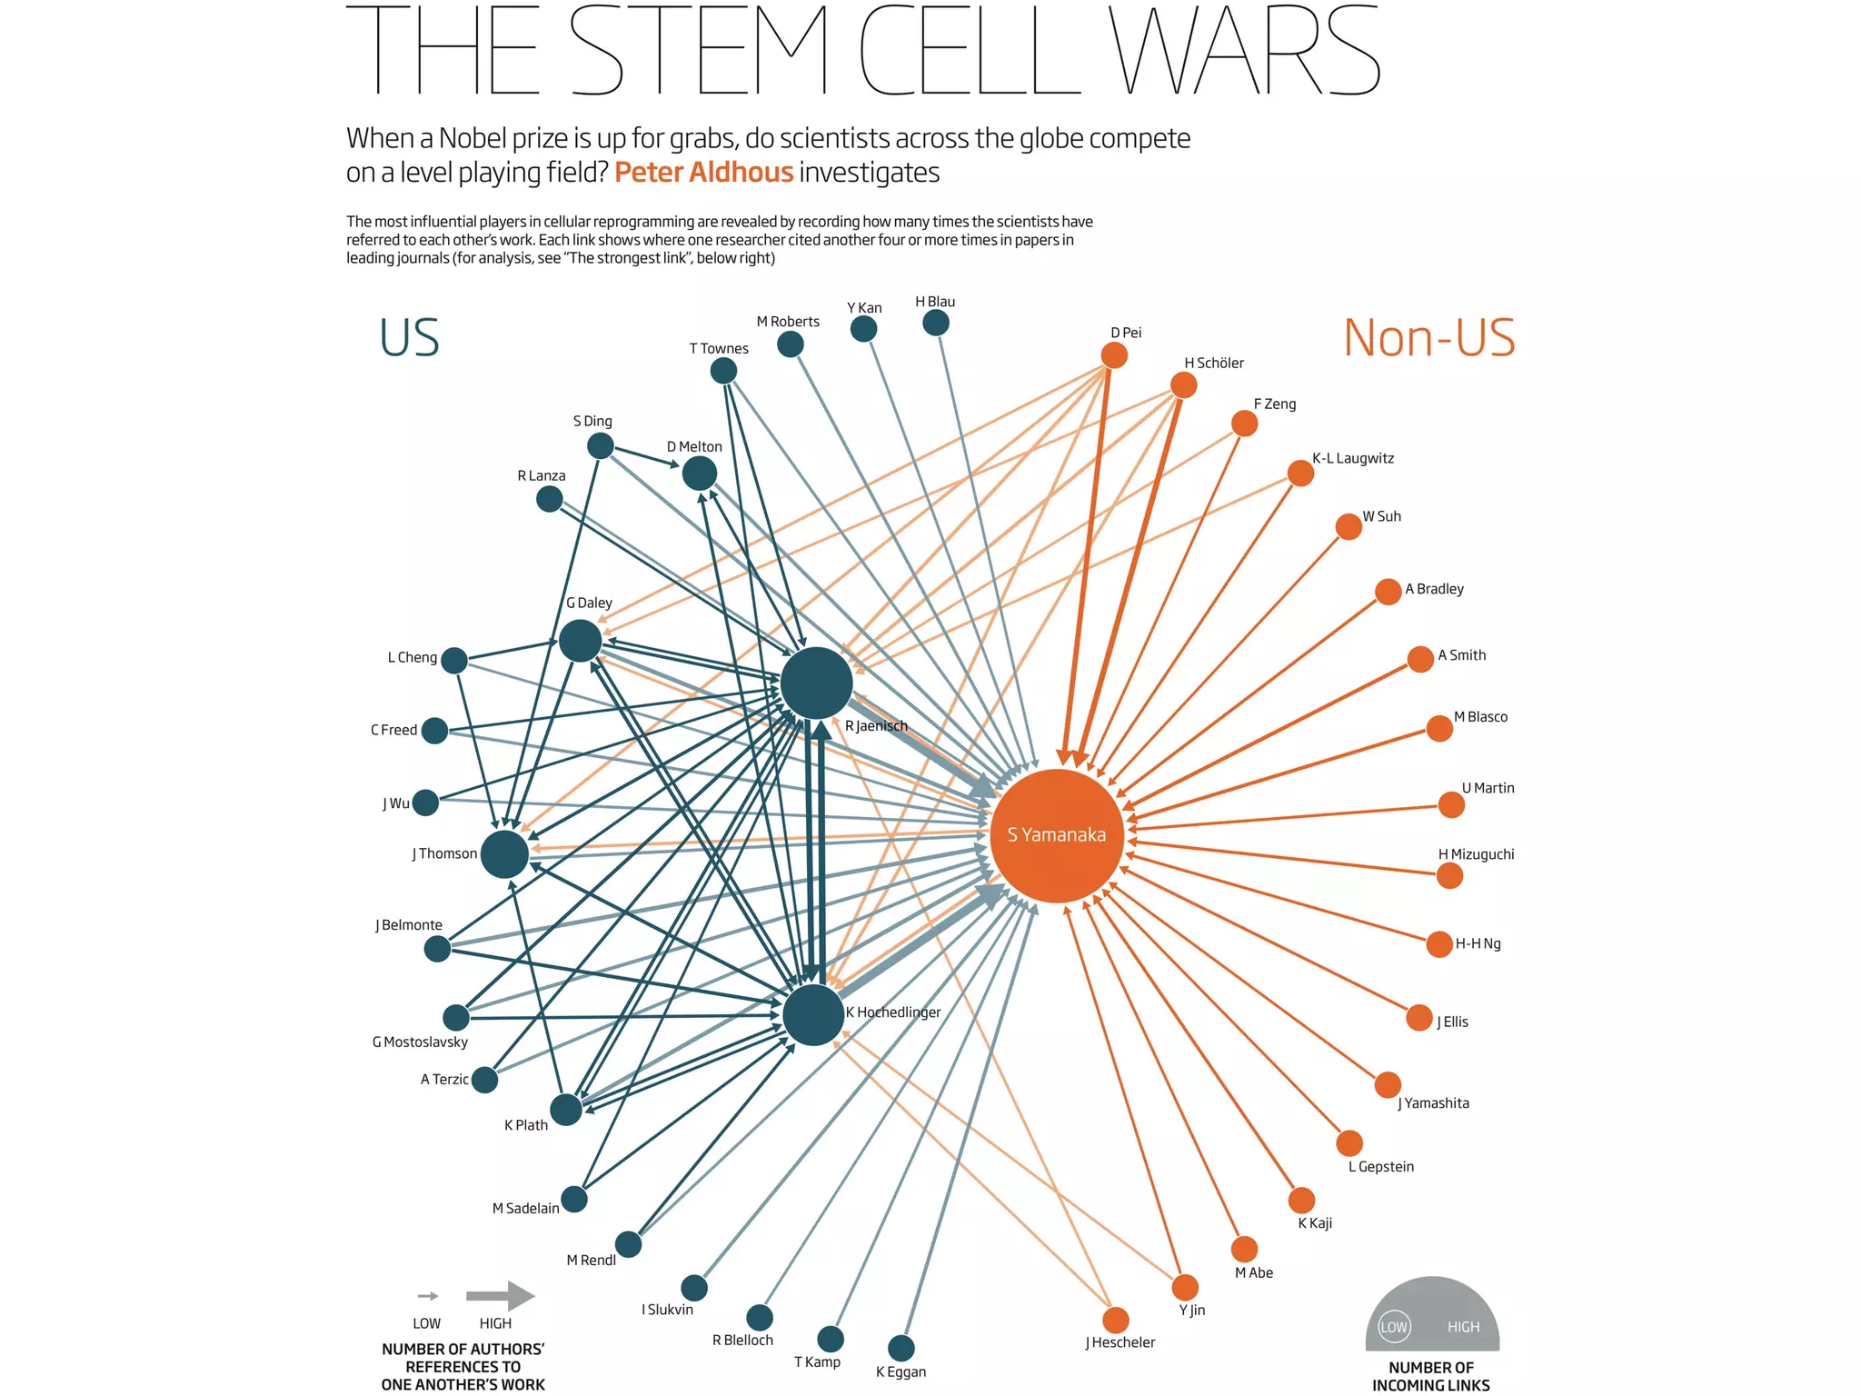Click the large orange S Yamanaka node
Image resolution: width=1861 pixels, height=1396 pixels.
1057,835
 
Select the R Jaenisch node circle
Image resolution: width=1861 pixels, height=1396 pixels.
816,683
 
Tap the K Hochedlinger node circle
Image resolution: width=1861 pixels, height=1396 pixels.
813,1014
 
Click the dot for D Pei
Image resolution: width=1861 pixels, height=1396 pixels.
1114,355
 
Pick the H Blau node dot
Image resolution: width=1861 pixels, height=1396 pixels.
936,323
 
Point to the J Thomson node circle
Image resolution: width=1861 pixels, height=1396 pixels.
504,854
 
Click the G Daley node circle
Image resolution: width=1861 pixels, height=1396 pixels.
581,641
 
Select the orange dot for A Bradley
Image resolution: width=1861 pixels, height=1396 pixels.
1388,592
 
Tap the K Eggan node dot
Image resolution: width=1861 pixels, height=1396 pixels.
901,1348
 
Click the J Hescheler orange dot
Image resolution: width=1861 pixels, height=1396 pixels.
1116,1320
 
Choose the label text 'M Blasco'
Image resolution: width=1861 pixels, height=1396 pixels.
1480,717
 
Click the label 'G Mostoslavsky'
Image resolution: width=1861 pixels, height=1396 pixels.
420,1042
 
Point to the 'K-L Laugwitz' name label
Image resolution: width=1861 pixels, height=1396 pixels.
1352,458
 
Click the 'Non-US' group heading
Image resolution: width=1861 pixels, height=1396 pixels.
1428,338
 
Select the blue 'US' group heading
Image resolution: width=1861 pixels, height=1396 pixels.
409,338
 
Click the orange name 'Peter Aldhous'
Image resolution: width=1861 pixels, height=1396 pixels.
703,173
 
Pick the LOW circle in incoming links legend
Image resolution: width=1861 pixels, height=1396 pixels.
1394,1327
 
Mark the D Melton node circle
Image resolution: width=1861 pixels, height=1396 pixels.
699,473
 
